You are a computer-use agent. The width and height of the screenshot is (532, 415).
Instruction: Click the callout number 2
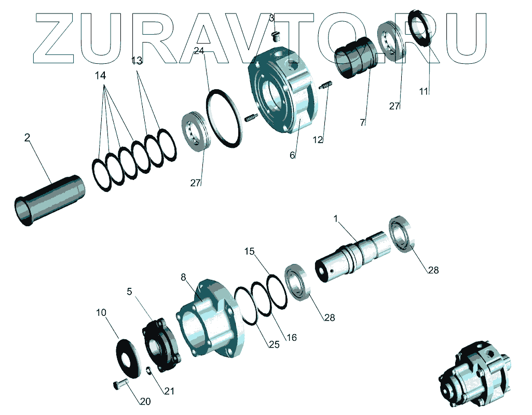tap(27, 137)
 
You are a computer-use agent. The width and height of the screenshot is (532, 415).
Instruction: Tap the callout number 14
tap(100, 76)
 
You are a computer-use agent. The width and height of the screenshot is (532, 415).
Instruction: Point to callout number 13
tap(137, 61)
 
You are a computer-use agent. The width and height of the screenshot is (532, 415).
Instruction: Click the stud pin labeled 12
tap(326, 85)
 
